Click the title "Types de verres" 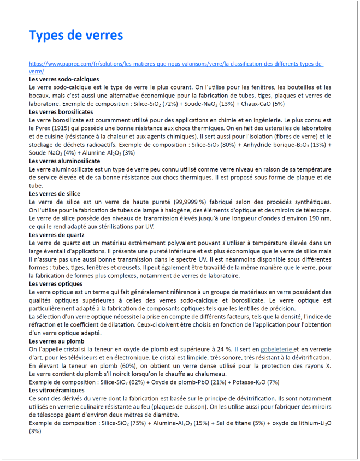point(76,36)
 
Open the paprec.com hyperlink point(176,64)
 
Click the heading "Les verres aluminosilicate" point(64,161)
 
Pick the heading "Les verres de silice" point(55,193)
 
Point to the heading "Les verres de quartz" point(57,234)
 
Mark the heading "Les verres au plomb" point(55,341)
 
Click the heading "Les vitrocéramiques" point(56,391)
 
